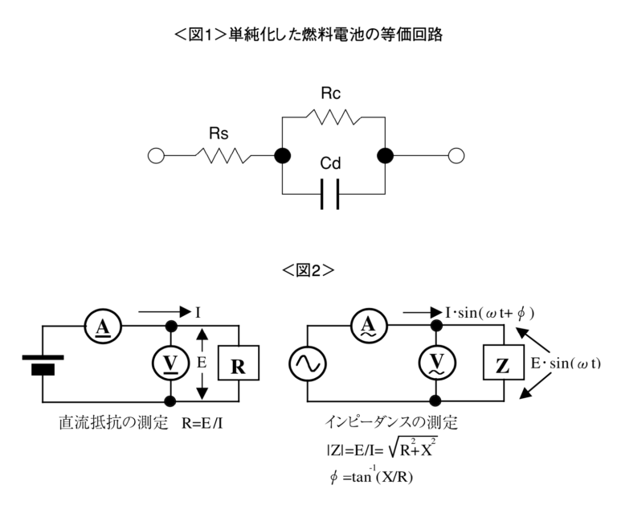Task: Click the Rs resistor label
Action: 219,134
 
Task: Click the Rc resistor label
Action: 330,93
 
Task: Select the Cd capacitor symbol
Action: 329,194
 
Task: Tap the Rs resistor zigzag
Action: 223,155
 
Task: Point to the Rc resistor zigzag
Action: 333,117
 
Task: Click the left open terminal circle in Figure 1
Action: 156,156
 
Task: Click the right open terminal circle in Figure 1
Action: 456,156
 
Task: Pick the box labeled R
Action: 239,363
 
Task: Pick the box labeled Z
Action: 504,362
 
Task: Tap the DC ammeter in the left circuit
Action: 103,327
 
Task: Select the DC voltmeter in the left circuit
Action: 171,363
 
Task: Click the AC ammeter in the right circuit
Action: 369,327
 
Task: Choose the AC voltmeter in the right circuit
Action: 437,363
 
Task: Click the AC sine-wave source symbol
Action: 308,364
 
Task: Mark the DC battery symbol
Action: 43,365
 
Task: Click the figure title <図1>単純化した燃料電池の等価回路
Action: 308,35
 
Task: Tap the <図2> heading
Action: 308,270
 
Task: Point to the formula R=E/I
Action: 202,423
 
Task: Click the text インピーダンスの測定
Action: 391,422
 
